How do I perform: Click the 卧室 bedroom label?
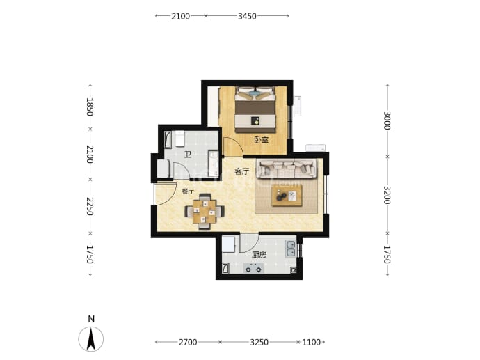[261, 140]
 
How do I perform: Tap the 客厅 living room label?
[241, 171]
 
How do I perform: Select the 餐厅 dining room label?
[188, 191]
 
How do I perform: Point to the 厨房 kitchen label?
[259, 255]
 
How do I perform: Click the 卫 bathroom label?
[187, 155]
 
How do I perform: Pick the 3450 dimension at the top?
[247, 16]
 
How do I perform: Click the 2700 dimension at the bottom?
[188, 342]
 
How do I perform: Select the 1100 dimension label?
[312, 342]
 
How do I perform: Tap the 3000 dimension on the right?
[387, 120]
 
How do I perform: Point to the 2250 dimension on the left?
[89, 206]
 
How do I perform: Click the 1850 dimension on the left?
[89, 107]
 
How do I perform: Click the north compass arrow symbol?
[91, 339]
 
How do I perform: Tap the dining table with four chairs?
[205, 212]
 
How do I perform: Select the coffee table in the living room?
[287, 196]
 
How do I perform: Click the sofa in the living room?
[287, 169]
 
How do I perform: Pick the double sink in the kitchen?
[291, 249]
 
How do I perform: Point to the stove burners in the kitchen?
[253, 269]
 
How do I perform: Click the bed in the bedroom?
[255, 110]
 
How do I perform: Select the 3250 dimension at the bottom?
[259, 342]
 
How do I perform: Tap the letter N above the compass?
[91, 319]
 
